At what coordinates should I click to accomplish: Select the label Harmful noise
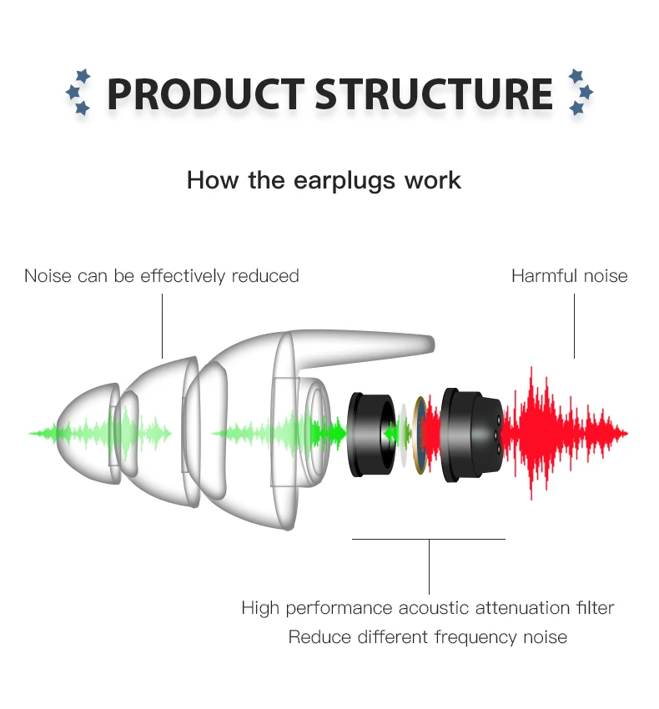[x=569, y=276]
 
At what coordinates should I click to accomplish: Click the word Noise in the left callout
[x=48, y=276]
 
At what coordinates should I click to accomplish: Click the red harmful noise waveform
[x=567, y=434]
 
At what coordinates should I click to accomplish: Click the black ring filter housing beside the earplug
[x=367, y=434]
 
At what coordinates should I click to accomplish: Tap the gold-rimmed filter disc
[x=420, y=434]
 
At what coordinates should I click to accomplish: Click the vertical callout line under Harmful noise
[x=575, y=325]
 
